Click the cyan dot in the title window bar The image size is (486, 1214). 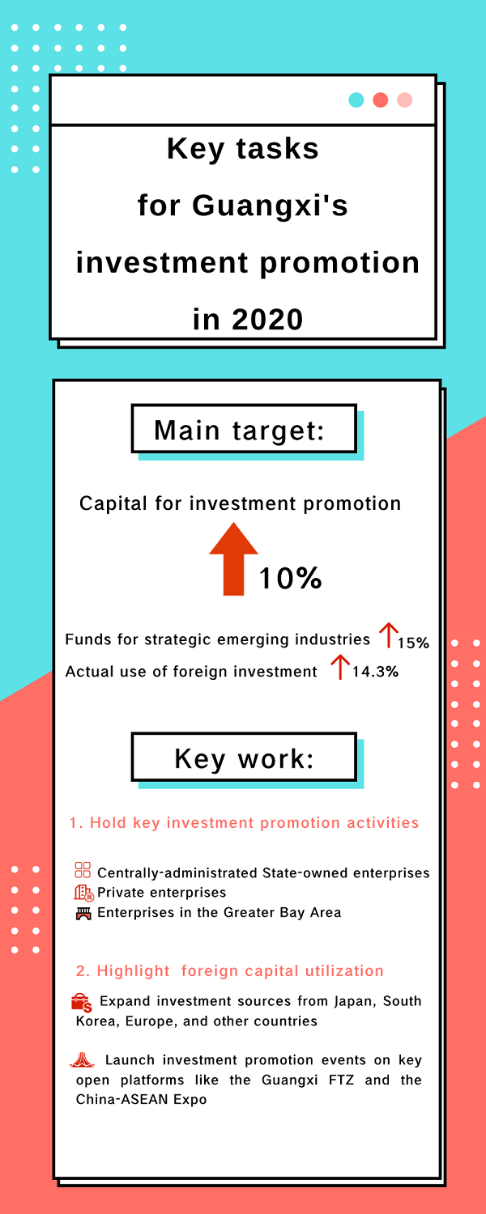tap(356, 100)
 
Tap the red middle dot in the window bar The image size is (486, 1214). tap(380, 100)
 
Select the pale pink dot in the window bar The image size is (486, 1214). tap(405, 100)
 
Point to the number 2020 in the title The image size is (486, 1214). tap(267, 319)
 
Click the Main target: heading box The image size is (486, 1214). tap(244, 428)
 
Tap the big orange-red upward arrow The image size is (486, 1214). tap(234, 558)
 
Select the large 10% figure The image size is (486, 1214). tap(290, 578)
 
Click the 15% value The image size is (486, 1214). tap(413, 643)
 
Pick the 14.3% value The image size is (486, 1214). tap(375, 672)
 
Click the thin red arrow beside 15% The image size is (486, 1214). tap(388, 635)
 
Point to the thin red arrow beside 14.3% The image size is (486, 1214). tap(340, 667)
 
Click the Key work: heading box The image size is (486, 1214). tap(244, 757)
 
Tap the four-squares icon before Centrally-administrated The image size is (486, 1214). tap(83, 870)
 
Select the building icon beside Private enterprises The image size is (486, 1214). tap(83, 893)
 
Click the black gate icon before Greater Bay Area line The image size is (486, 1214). tap(83, 913)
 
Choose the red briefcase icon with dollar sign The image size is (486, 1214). tap(82, 1004)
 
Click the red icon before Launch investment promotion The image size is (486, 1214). tap(82, 1059)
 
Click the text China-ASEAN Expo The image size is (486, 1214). tap(141, 1099)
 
